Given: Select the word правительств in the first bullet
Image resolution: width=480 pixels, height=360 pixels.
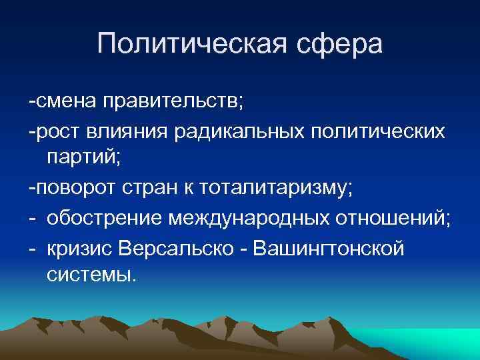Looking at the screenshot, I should (x=173, y=102).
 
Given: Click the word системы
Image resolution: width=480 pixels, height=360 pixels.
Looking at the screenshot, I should (x=91, y=275).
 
